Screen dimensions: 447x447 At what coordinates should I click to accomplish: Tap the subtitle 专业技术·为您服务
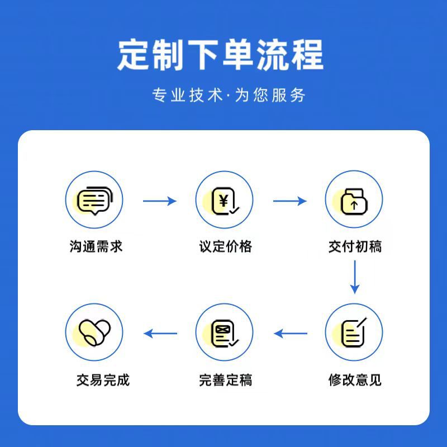(229, 95)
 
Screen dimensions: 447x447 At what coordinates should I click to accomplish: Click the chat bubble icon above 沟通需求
(94, 200)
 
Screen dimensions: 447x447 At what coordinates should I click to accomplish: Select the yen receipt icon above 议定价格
(224, 200)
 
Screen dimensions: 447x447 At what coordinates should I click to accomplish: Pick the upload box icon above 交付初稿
(354, 200)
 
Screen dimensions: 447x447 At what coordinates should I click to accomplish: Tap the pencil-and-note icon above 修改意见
(354, 332)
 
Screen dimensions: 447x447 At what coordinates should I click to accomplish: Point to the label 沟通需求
(96, 246)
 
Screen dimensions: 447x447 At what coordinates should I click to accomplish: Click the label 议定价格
(225, 246)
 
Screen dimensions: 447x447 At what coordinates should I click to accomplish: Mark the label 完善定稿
(225, 381)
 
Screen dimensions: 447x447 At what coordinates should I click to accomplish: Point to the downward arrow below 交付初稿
(354, 277)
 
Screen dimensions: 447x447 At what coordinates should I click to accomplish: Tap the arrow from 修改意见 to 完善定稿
(290, 334)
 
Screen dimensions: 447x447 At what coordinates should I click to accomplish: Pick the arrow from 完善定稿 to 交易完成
(160, 334)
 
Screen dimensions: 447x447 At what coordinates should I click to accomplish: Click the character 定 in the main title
(134, 55)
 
